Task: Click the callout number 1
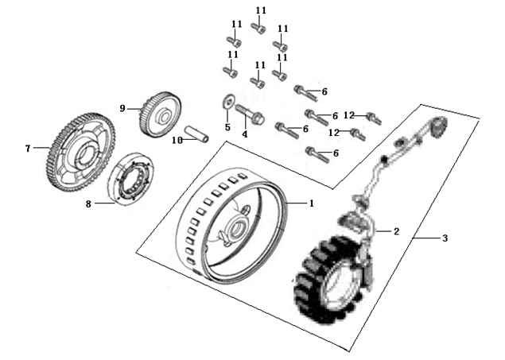click(311, 203)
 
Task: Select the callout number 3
click(445, 238)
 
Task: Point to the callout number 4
click(245, 134)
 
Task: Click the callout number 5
click(226, 127)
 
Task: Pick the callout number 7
click(27, 147)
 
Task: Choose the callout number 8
click(89, 203)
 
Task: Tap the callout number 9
click(122, 107)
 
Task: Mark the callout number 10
click(178, 139)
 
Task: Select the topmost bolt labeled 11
click(258, 28)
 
